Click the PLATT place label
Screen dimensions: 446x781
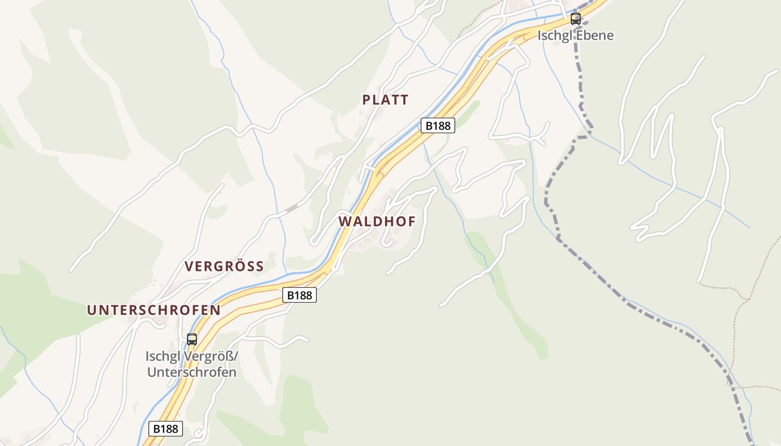385,100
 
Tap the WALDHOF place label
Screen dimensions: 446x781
377,221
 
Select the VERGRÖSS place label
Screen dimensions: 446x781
224,266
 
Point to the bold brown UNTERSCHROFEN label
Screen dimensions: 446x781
153,310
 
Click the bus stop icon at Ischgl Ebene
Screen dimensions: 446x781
575,19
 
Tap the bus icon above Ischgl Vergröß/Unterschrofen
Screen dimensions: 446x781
191,339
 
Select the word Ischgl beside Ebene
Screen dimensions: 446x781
552,36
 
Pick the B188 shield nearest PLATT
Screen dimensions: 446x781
437,125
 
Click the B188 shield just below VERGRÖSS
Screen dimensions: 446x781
300,295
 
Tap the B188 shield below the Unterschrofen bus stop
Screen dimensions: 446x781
166,429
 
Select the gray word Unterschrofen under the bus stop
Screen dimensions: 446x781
191,372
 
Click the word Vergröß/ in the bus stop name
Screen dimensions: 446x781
213,356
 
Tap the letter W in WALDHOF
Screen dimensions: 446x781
345,221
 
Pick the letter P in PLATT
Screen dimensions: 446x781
367,100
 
